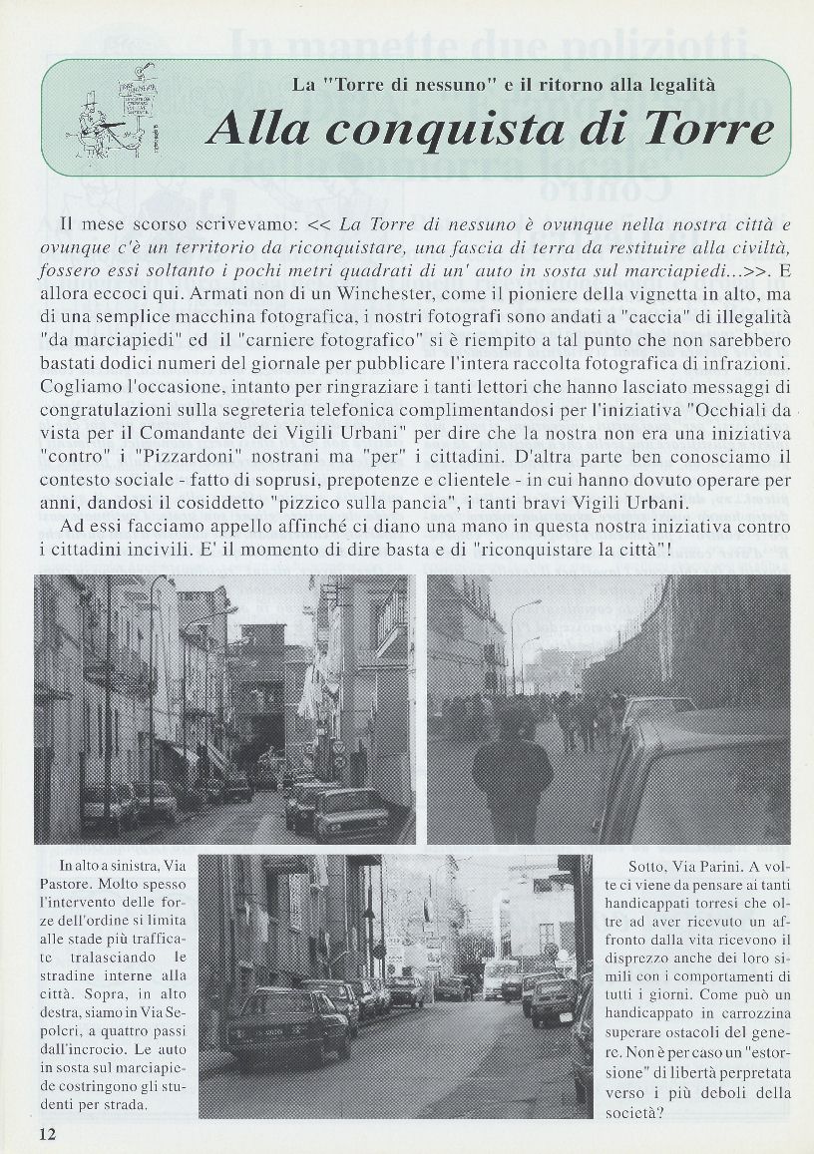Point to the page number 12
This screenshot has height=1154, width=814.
pyautogui.click(x=47, y=1134)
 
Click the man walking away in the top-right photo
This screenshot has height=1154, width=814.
pyautogui.click(x=512, y=773)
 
